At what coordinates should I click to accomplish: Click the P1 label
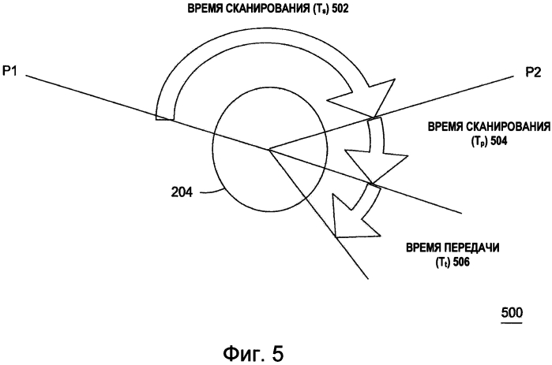tap(9, 71)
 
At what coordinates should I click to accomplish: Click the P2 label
tap(532, 73)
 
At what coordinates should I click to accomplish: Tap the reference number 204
tap(182, 192)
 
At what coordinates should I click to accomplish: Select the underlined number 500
tap(512, 312)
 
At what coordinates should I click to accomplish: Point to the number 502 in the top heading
tap(340, 9)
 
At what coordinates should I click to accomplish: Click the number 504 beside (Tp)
tap(498, 141)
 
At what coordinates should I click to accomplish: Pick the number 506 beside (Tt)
tap(460, 262)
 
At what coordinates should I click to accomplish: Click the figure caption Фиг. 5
tap(253, 354)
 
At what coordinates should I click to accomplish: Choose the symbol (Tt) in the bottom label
tap(442, 263)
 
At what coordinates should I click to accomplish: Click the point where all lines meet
tap(269, 150)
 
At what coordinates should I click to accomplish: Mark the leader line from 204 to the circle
tap(211, 192)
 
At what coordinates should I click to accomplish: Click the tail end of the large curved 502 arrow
tap(163, 119)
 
